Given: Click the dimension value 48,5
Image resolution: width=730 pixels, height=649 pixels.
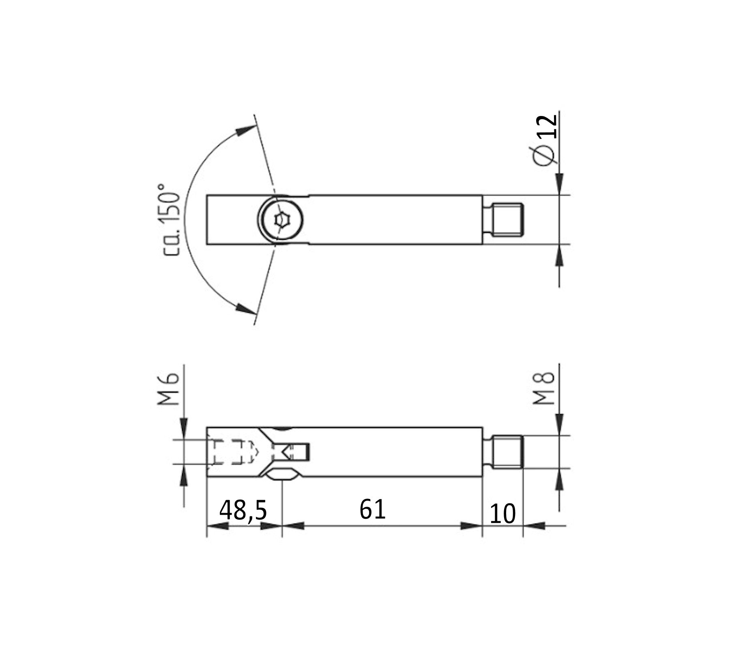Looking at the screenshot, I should [x=243, y=510].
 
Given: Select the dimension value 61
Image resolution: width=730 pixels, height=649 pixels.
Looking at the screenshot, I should [x=372, y=509].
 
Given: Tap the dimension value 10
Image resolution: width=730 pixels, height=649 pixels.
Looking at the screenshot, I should [x=502, y=514].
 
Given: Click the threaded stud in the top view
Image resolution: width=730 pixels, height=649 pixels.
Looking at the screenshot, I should [x=506, y=220].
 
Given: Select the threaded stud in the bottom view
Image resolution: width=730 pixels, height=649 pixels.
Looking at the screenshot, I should [x=507, y=452].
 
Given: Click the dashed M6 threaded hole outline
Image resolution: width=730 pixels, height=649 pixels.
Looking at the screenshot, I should [x=231, y=451].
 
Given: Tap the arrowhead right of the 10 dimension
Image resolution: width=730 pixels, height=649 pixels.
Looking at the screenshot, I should [x=533, y=526].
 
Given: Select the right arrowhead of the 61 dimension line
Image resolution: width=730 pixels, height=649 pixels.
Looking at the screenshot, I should [x=472, y=526].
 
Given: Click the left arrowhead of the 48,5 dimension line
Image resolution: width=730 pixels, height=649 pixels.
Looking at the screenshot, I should [x=217, y=526].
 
